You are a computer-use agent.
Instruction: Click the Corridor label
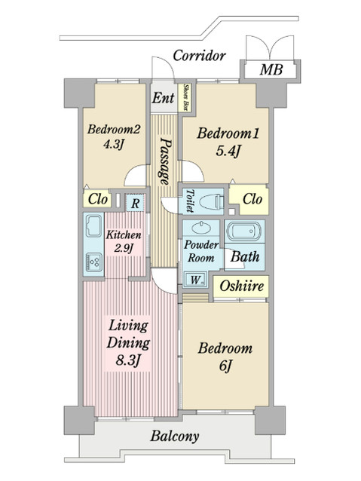[199, 55]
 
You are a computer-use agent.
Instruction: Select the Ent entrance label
[163, 97]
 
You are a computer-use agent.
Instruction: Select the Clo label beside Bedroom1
[253, 201]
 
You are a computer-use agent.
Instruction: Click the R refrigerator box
[135, 201]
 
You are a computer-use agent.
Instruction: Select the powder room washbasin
[202, 229]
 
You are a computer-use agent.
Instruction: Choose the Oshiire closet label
[240, 286]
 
